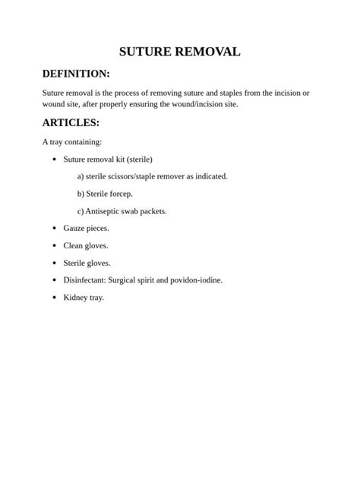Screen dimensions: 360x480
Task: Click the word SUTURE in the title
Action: [x=147, y=52]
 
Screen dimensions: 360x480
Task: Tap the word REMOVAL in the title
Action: [x=207, y=52]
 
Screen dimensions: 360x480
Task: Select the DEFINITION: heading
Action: [x=76, y=74]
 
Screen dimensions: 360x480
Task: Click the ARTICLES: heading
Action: [x=71, y=122]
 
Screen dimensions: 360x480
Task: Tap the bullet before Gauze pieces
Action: [x=54, y=228]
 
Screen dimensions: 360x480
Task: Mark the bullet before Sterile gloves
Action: [x=54, y=263]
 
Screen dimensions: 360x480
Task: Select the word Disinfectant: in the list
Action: [x=84, y=279]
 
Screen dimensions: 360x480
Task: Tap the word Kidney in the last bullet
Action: [x=75, y=297]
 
